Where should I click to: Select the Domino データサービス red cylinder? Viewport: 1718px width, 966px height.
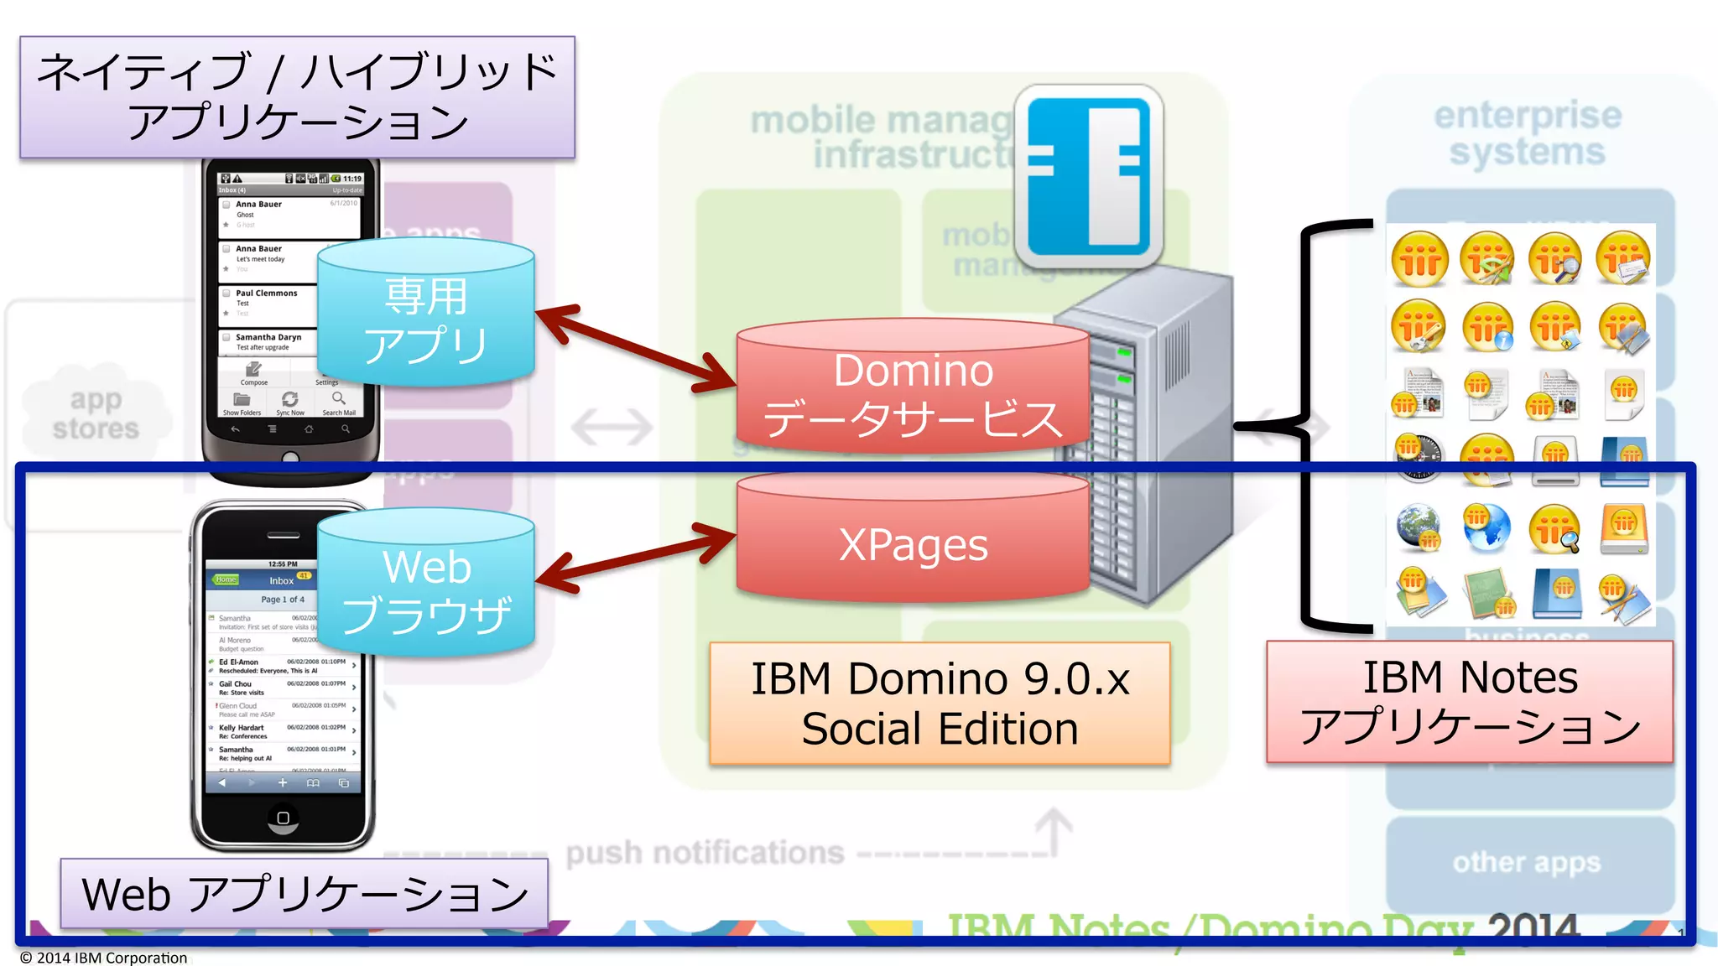913,394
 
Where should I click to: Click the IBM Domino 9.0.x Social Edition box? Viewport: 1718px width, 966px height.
940,703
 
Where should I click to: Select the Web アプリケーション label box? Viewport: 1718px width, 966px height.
305,894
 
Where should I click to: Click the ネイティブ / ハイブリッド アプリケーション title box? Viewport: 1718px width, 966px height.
297,96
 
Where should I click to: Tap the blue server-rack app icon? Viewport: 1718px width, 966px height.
1089,176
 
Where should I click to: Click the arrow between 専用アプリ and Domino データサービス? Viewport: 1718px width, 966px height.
636,349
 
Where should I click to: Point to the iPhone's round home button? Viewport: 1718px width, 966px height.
283,818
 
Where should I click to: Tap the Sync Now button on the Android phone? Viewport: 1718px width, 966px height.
290,402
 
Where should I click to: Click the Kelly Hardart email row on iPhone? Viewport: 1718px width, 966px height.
282,731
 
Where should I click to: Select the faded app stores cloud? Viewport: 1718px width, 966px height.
96,413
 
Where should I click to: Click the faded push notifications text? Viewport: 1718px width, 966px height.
705,853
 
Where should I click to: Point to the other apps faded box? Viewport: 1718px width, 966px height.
1527,862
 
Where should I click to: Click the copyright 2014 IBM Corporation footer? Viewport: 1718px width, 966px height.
104,958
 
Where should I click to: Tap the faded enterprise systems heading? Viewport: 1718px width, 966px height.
1527,133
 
